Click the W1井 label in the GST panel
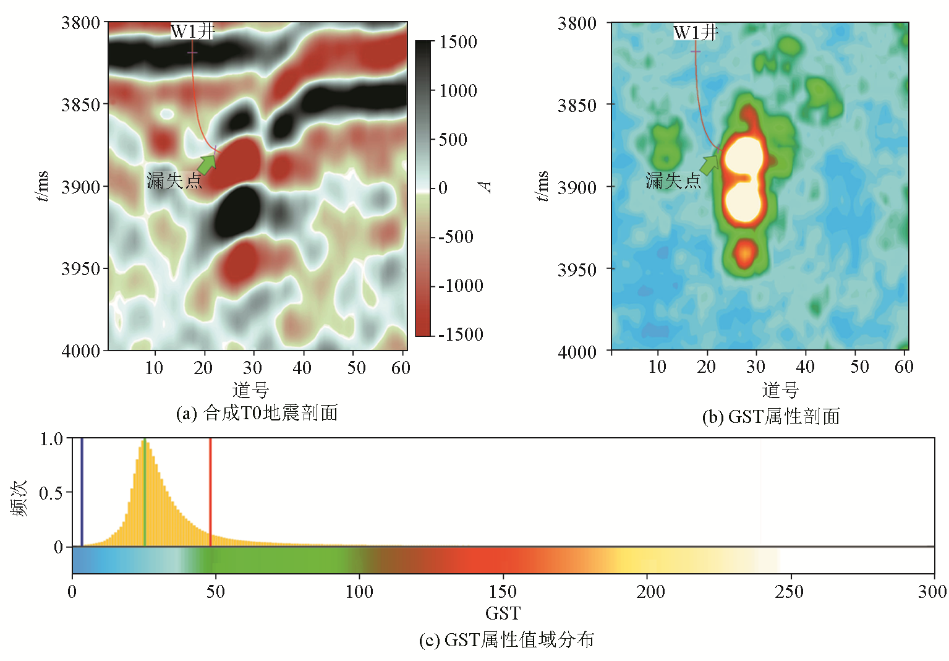tap(696, 32)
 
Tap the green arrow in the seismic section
tap(208, 164)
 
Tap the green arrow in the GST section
tap(711, 164)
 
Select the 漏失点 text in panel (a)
tap(174, 181)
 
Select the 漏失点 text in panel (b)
tap(673, 181)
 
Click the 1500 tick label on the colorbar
tap(457, 43)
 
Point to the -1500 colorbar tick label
tap(460, 335)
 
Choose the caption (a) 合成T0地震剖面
tap(257, 413)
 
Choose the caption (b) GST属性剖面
tap(771, 417)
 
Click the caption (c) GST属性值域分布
tap(506, 639)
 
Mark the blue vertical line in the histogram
tap(82, 492)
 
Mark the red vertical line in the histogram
tap(210, 492)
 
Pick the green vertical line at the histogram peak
tap(145, 492)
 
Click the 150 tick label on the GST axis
tap(503, 592)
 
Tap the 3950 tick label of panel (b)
tap(577, 270)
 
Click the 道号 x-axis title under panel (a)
tap(251, 390)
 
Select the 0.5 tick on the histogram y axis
tap(51, 493)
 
